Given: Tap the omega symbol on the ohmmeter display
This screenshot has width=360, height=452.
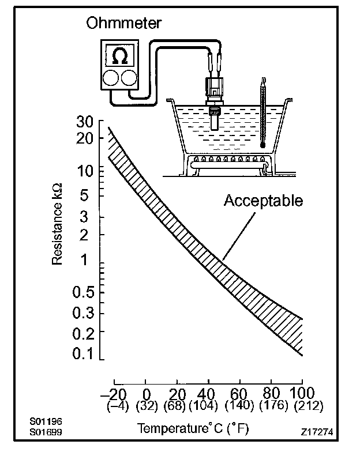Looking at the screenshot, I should [119, 56].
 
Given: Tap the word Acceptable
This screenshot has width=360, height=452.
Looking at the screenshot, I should [263, 201].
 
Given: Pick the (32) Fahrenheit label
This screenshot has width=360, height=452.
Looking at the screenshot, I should [147, 406].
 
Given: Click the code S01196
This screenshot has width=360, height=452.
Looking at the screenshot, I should [47, 421].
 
